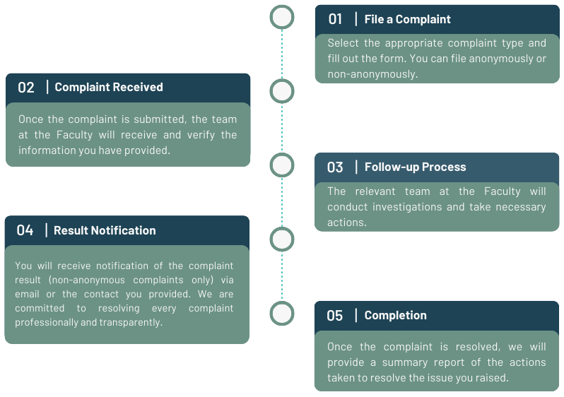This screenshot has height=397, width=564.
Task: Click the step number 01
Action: pyautogui.click(x=335, y=19)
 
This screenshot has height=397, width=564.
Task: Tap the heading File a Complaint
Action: pyautogui.click(x=407, y=19)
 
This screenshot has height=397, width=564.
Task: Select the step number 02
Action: pyautogui.click(x=26, y=88)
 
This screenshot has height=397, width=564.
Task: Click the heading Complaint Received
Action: pyautogui.click(x=109, y=87)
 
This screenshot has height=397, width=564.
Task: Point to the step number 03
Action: pyautogui.click(x=335, y=167)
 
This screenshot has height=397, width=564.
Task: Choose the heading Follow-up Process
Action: pyautogui.click(x=415, y=167)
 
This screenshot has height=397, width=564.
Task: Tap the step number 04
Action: pyautogui.click(x=25, y=230)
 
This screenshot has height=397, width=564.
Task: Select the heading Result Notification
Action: pyautogui.click(x=105, y=230)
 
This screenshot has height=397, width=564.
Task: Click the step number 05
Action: pyautogui.click(x=335, y=316)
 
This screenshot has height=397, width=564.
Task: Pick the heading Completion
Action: pyautogui.click(x=395, y=316)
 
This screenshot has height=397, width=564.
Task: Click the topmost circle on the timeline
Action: pyautogui.click(x=282, y=17)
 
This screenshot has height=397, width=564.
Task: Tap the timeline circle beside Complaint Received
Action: pyautogui.click(x=282, y=90)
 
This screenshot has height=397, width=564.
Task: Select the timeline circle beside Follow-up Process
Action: pyautogui.click(x=282, y=165)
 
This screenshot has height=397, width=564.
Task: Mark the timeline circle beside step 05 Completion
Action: pyautogui.click(x=282, y=314)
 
